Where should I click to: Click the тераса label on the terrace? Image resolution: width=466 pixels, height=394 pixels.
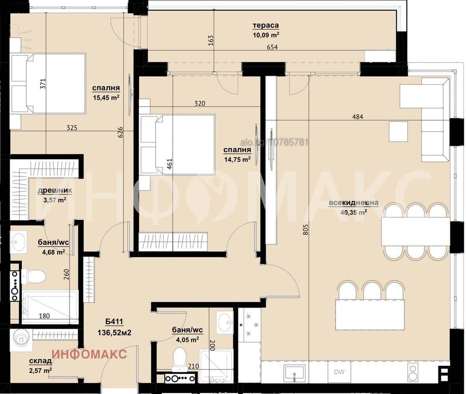pos(266,26)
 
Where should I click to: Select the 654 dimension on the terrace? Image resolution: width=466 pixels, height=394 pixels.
pos(272,47)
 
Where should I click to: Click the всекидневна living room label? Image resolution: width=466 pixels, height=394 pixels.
pos(353,203)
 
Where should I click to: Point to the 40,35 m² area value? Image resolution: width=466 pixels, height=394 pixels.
pos(353,212)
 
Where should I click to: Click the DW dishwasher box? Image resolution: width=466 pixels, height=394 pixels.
pos(339,372)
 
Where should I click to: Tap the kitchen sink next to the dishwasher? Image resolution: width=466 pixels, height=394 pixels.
pos(294,373)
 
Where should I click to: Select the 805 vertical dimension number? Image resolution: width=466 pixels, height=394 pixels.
pos(306,229)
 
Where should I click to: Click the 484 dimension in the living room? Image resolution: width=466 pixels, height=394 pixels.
pos(358,117)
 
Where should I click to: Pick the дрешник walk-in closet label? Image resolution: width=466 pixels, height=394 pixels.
pos(55,190)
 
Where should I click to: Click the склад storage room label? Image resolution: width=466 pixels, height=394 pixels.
pos(41,361)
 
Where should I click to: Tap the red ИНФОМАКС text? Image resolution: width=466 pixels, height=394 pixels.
pos(89,354)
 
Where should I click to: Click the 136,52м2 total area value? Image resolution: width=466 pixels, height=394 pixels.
pos(114,333)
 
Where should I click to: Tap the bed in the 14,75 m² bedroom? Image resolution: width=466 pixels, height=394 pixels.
pos(177,145)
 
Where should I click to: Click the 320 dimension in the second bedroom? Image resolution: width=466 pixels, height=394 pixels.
pos(200,103)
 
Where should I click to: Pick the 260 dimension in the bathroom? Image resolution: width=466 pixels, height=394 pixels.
pos(66,274)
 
